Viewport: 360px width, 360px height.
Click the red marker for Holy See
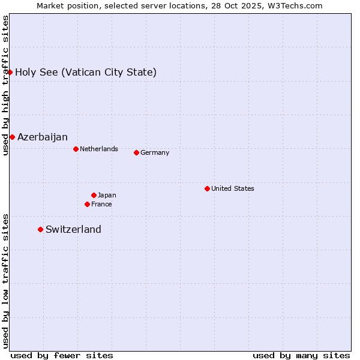tap(10, 72)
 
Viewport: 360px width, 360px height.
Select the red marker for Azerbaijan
tap(12, 137)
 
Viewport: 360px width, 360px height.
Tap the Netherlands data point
tap(76, 149)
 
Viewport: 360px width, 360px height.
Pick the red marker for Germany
tap(136, 152)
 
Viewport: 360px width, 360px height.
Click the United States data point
tap(207, 188)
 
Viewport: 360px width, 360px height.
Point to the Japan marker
tap(94, 195)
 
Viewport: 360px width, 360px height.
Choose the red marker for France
tap(87, 204)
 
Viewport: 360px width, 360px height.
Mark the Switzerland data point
tap(40, 229)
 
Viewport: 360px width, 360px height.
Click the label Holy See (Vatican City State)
tap(86, 73)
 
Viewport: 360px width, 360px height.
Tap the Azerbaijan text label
tap(43, 137)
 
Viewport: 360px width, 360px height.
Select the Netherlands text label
tap(99, 149)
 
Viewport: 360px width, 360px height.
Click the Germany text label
tap(155, 152)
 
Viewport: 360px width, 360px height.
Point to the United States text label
tap(233, 188)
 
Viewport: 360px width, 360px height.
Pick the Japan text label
tap(107, 195)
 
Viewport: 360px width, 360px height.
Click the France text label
tap(101, 204)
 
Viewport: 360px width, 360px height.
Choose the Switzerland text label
tap(73, 229)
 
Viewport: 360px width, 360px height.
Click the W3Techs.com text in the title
tap(296, 5)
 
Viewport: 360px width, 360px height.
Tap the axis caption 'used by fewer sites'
tap(62, 355)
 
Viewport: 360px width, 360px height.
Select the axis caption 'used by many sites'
tap(301, 355)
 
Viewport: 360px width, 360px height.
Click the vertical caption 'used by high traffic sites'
tap(5, 85)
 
